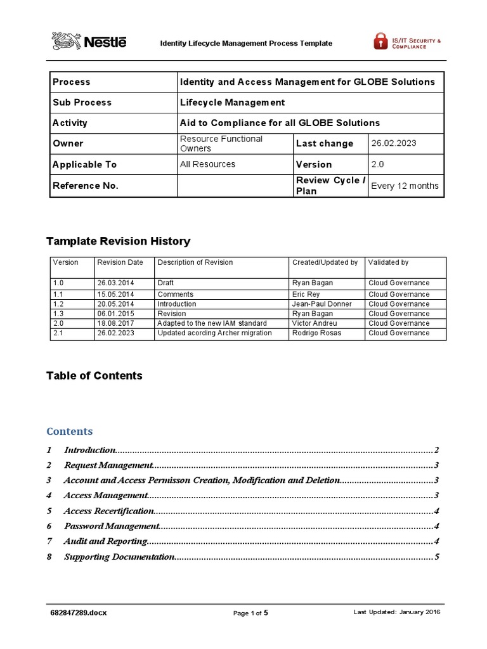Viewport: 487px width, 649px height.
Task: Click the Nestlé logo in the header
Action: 89,42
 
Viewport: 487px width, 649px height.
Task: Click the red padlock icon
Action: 380,42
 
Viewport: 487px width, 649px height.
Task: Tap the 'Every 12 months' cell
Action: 404,186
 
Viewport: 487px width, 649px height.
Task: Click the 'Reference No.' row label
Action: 85,186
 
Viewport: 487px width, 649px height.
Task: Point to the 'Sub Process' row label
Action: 82,102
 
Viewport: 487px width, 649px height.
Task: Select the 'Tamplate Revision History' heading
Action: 118,241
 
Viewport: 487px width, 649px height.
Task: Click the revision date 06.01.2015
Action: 115,314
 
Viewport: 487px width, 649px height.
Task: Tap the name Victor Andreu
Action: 315,323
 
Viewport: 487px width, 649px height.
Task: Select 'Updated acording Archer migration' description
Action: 214,333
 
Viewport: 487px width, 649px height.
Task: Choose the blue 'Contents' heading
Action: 70,432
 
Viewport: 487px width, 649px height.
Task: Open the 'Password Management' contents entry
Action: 111,526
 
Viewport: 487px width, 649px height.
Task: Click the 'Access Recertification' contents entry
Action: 108,511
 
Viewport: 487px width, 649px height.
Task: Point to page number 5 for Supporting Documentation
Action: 437,557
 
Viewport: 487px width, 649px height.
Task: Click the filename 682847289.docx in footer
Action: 77,613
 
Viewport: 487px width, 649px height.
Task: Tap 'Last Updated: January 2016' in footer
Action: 396,612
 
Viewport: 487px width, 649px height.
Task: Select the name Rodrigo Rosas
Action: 316,333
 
